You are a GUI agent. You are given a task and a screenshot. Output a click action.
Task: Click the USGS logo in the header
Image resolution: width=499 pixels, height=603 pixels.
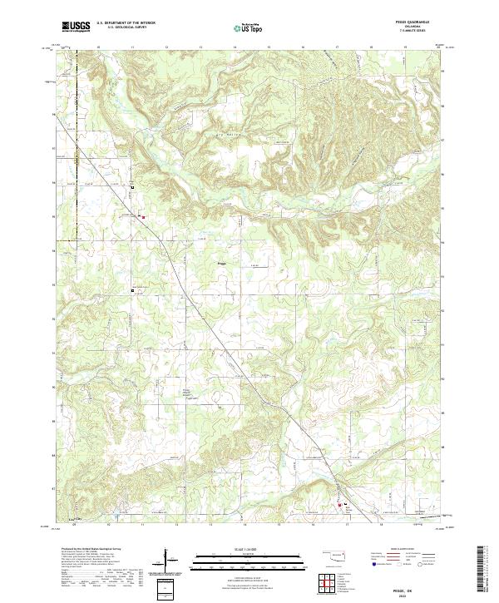(x=76, y=27)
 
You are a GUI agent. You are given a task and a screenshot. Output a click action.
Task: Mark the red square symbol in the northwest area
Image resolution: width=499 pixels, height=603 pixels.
(x=143, y=218)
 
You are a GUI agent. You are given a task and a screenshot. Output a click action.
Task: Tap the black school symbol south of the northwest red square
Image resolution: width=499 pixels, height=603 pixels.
(x=131, y=290)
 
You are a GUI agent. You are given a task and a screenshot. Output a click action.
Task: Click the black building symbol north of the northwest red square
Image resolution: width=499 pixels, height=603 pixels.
(x=131, y=188)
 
